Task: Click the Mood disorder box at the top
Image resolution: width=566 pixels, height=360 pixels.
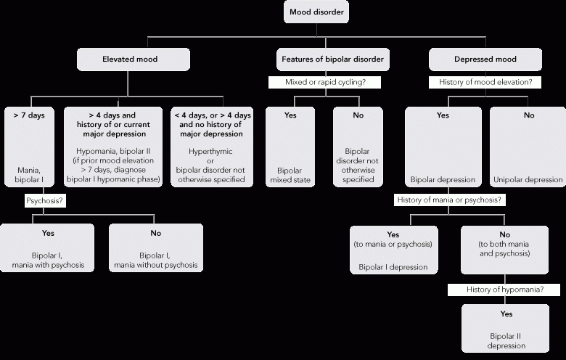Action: tap(316, 12)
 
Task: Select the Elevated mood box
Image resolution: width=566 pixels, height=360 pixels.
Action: tap(134, 60)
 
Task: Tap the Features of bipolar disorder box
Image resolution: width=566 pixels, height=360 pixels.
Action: tap(333, 60)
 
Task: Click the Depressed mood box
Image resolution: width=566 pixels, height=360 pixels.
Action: tap(485, 60)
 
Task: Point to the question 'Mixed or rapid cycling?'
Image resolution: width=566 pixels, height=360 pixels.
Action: tap(325, 82)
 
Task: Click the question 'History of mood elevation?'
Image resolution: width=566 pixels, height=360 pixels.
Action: tap(485, 82)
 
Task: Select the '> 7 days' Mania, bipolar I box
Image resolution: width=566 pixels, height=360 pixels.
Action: tap(29, 147)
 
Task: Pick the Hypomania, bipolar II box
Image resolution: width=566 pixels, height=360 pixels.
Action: tap(113, 147)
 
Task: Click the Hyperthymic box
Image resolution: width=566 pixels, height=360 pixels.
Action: tap(212, 147)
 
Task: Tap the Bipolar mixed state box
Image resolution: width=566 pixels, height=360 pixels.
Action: tap(290, 147)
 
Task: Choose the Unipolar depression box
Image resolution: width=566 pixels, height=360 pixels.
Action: tap(528, 147)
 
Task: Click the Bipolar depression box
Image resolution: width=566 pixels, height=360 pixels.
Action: tap(443, 147)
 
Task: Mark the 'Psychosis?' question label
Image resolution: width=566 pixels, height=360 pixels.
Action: tap(45, 201)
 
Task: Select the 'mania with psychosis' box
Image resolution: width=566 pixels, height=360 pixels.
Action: tap(47, 248)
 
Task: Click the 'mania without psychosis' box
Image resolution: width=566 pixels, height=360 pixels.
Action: tap(156, 248)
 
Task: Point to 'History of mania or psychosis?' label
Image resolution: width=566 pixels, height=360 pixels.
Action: tap(449, 200)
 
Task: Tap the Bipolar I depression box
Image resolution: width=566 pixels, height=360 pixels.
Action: tap(394, 250)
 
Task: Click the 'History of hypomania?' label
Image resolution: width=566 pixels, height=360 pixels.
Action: tap(504, 290)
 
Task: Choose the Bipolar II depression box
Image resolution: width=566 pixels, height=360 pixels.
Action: tap(505, 329)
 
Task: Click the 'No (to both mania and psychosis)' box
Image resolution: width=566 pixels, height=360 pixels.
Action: tap(504, 250)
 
